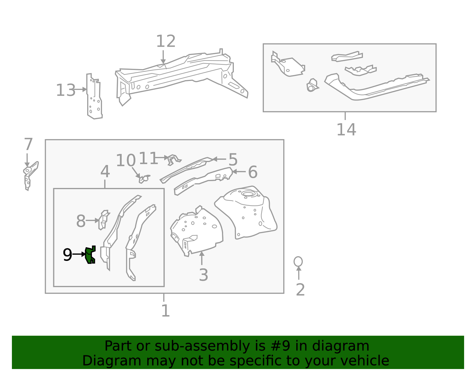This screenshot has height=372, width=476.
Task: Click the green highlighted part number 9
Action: pyautogui.click(x=90, y=255)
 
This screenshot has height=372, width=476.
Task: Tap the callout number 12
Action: pyautogui.click(x=166, y=41)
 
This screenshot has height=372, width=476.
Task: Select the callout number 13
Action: pyautogui.click(x=66, y=90)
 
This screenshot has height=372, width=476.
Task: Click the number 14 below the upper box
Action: pyautogui.click(x=346, y=130)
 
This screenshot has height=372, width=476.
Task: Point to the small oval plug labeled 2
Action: pyautogui.click(x=298, y=262)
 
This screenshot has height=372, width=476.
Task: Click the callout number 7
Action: pyautogui.click(x=28, y=144)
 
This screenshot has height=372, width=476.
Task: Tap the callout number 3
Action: pyautogui.click(x=203, y=275)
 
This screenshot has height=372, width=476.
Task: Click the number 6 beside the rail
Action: pyautogui.click(x=253, y=172)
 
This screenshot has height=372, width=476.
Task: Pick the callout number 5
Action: pyautogui.click(x=233, y=160)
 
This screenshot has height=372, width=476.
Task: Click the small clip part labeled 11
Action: pyautogui.click(x=173, y=159)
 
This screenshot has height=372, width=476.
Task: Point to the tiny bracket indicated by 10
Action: pyautogui.click(x=143, y=179)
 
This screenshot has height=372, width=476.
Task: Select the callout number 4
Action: pyautogui.click(x=105, y=172)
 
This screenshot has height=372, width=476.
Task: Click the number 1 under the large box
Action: pyautogui.click(x=165, y=311)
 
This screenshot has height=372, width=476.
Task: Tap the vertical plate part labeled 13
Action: pyautogui.click(x=94, y=97)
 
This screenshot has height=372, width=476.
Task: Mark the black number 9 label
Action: pyautogui.click(x=68, y=255)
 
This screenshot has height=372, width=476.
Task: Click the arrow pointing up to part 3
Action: pyautogui.click(x=202, y=258)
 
